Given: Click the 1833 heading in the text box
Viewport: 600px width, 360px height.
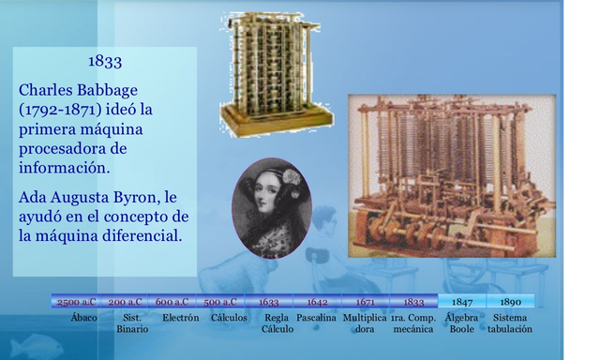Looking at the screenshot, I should pos(105,62).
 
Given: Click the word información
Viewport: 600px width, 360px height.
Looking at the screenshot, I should pos(64,167).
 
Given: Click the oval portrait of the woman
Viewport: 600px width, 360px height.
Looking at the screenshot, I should pos(271,208).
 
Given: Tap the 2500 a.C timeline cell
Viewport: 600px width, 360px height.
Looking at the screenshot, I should pos(77,302).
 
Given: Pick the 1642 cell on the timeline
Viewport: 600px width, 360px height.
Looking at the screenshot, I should pos(317,302).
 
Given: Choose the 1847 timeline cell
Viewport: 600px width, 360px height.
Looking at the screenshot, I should pos(461,302).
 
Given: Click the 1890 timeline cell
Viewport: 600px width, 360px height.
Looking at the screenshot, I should pos(510,302).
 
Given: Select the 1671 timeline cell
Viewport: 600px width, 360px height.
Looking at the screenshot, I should pos(366,302).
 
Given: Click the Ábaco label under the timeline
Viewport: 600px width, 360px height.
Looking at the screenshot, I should pos(84,318).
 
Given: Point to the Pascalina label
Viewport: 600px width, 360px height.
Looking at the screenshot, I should pos(317,318).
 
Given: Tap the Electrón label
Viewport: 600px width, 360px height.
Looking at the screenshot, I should pos(180,318).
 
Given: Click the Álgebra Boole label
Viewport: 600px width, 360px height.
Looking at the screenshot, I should pos(461,323).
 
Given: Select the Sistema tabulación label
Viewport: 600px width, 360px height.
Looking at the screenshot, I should pos(510,323).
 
